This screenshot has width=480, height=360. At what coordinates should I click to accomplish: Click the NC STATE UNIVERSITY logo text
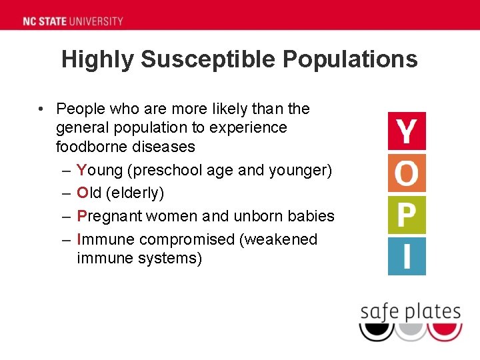pyautogui.click(x=73, y=21)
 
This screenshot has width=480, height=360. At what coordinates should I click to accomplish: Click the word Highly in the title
pyautogui.click(x=99, y=59)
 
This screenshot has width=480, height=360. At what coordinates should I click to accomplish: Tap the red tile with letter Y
pyautogui.click(x=407, y=131)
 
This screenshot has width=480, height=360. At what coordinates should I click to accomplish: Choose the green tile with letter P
pyautogui.click(x=407, y=215)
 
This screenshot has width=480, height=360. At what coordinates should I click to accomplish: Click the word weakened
pyautogui.click(x=283, y=239)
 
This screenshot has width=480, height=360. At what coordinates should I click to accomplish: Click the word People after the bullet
pyautogui.click(x=79, y=109)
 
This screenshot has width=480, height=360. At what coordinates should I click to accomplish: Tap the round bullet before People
pyautogui.click(x=41, y=109)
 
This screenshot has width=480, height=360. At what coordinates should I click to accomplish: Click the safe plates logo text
pyautogui.click(x=410, y=311)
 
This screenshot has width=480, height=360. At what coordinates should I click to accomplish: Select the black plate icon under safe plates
pyautogui.click(x=376, y=331)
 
